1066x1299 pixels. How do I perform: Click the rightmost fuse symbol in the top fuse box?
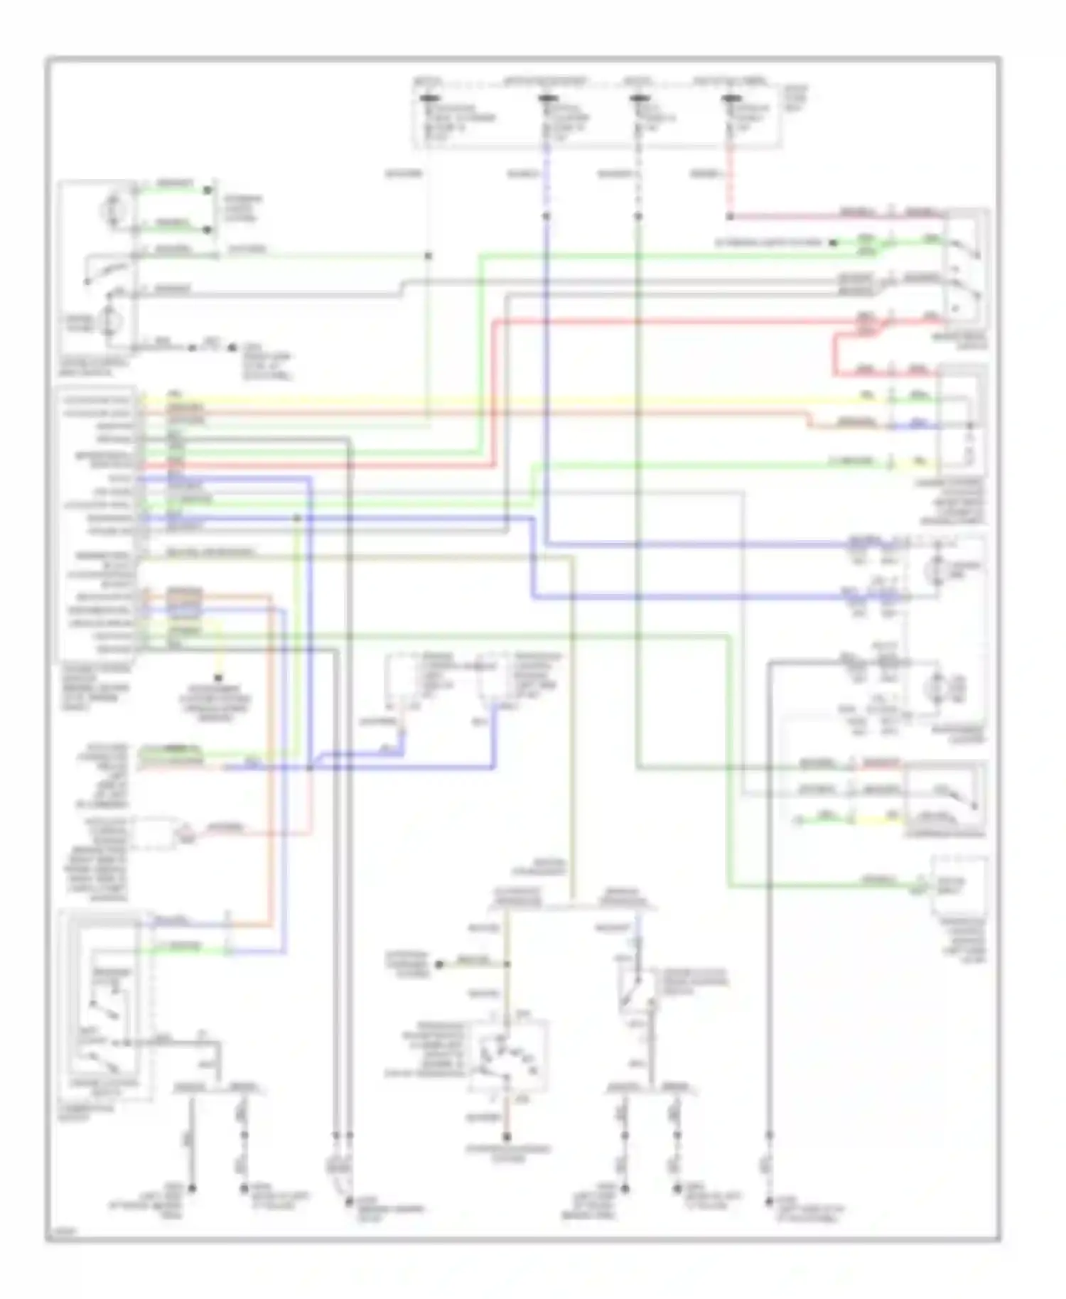click(729, 99)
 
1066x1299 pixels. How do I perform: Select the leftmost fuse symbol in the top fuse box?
click(428, 99)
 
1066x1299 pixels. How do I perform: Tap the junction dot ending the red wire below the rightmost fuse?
click(729, 216)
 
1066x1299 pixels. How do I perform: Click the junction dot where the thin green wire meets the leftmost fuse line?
click(428, 256)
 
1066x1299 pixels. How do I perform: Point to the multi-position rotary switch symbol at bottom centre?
click(506, 1060)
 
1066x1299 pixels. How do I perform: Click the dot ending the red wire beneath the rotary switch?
click(506, 1136)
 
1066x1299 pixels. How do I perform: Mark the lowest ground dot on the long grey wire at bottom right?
click(769, 1202)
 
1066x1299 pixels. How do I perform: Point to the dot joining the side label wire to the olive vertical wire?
click(506, 964)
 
